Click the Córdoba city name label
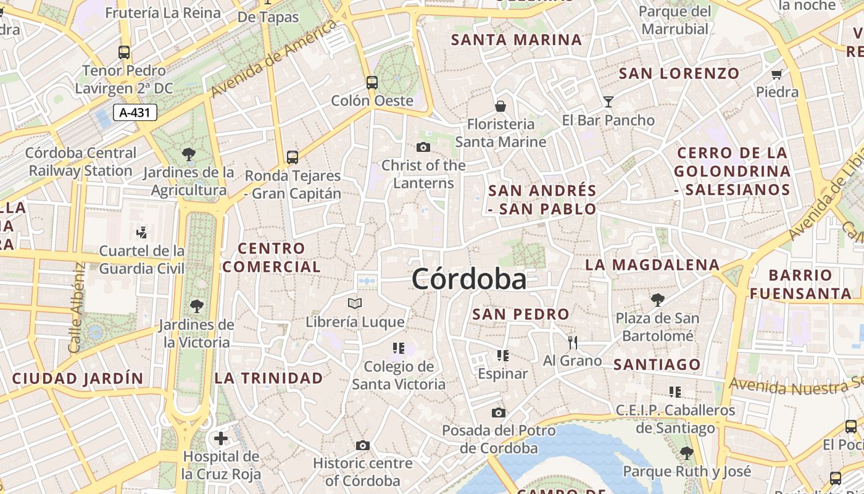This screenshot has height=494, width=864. (469, 279)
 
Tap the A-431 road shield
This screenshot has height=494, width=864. (135, 112)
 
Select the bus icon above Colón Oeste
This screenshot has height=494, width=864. (372, 82)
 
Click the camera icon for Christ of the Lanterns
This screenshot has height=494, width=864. (423, 147)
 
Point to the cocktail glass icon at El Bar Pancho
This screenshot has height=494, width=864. (609, 101)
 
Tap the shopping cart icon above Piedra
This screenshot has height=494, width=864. (777, 75)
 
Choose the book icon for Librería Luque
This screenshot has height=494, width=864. (355, 303)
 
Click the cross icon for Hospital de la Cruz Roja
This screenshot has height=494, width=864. (221, 439)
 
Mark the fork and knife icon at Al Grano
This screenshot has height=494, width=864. (573, 342)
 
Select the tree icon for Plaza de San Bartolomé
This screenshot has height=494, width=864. (657, 300)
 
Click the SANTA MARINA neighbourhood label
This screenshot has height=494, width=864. (517, 40)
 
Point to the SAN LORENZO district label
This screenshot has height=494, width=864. (679, 73)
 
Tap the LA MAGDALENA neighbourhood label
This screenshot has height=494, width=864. (652, 265)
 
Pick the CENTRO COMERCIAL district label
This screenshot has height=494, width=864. (272, 257)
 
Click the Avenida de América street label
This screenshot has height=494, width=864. (275, 58)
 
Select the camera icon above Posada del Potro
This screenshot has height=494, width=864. (499, 412)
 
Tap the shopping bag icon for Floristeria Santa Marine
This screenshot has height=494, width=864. (501, 106)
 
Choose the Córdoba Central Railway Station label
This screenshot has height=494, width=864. (81, 162)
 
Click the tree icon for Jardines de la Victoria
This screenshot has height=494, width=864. (197, 305)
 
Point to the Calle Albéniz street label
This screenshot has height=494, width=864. (77, 308)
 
